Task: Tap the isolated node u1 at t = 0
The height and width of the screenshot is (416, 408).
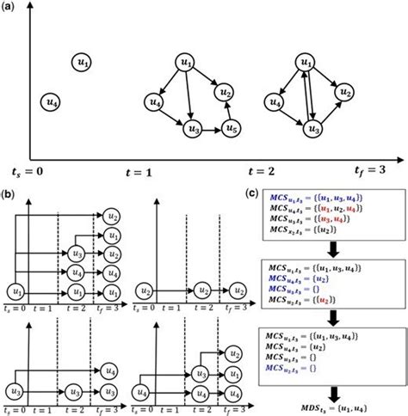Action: pyautogui.click(x=81, y=64)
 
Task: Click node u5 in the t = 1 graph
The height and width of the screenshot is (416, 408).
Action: pyautogui.click(x=229, y=128)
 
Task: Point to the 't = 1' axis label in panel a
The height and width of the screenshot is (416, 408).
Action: pyautogui.click(x=133, y=173)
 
